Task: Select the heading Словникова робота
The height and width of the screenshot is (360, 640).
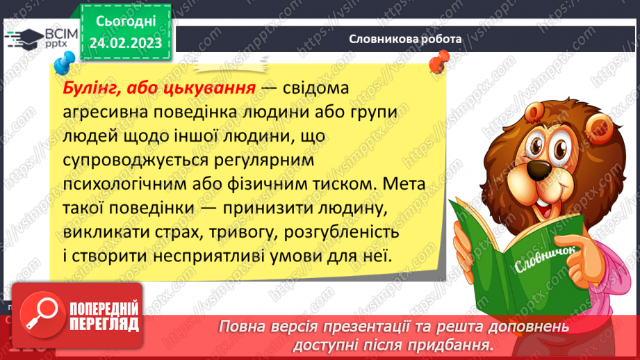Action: [405, 40]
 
